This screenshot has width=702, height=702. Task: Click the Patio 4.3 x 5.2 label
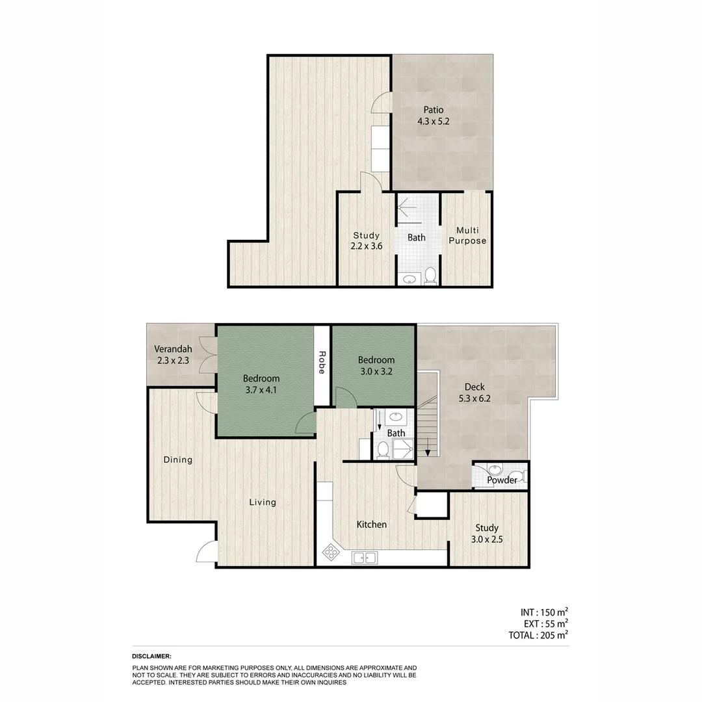434,116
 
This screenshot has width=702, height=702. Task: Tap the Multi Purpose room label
467,236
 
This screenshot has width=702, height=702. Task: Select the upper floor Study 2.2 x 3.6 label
367,240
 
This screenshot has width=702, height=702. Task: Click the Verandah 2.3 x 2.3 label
173,354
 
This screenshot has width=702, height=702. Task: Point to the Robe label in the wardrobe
322,363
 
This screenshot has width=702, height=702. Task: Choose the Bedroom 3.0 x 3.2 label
376,365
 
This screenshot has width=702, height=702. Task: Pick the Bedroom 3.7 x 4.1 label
261,384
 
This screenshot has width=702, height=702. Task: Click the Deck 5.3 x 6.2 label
474,393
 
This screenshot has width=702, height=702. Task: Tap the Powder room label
502,480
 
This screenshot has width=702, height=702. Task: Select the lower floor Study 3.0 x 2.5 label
486,534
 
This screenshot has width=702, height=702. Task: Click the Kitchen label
372,525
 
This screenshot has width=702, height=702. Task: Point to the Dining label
177,460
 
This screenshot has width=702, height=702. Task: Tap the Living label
263,502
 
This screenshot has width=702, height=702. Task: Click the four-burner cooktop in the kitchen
331,552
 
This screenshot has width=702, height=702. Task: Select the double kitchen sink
364,557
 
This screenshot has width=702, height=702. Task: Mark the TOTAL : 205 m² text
538,635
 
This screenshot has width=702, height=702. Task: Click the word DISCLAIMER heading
151,656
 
